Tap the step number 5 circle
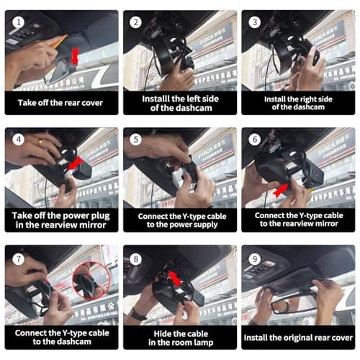pos(134,138)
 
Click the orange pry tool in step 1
pos(56,41)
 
